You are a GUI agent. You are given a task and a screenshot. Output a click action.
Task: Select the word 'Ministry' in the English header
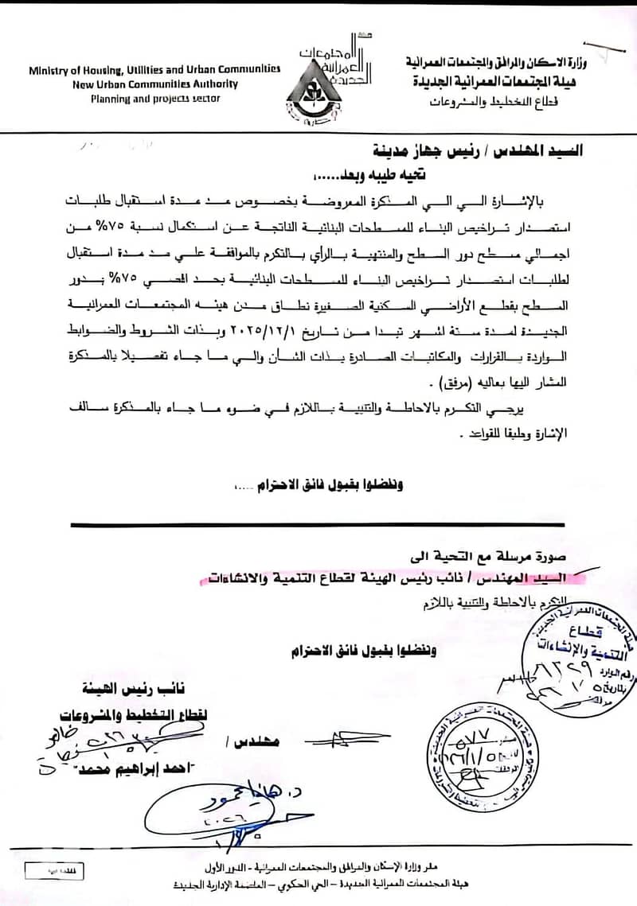pyautogui.click(x=50, y=70)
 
